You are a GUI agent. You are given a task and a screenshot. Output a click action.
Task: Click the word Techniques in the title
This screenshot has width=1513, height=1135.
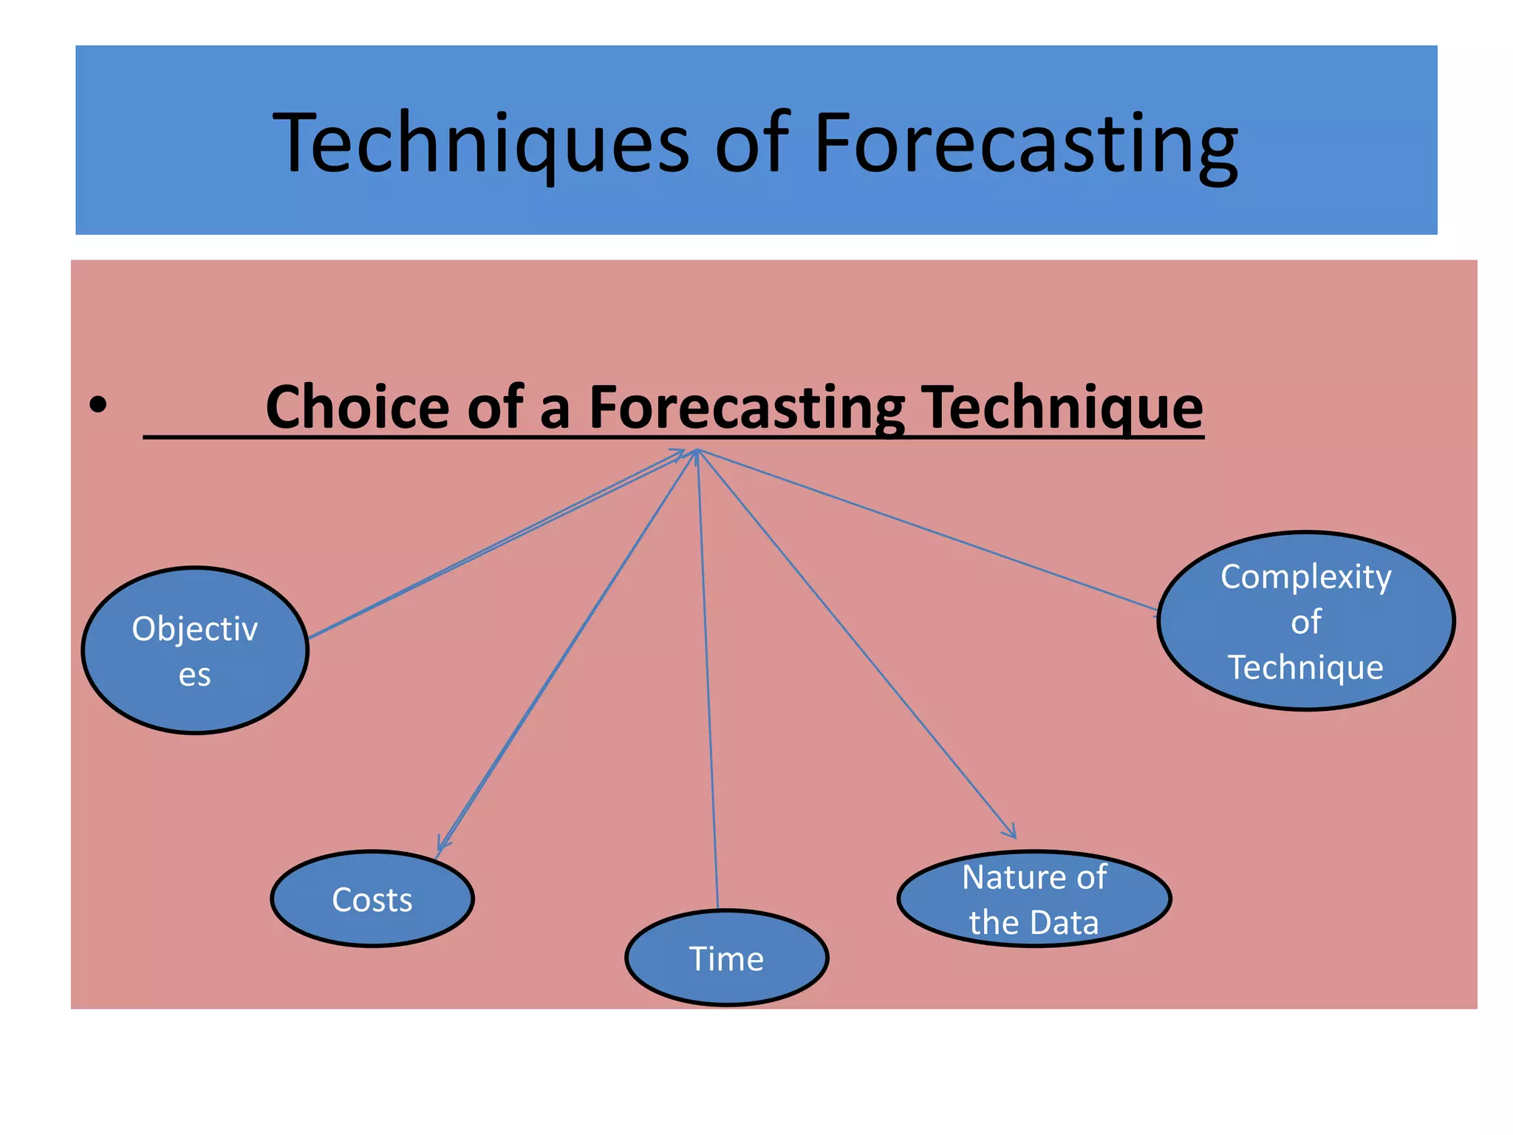(x=480, y=144)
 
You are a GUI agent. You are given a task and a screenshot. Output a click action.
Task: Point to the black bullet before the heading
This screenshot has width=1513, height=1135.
(x=98, y=405)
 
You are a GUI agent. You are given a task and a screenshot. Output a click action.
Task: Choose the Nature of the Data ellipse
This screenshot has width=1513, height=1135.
(x=1034, y=899)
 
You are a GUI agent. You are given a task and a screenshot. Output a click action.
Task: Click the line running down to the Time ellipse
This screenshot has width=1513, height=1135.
(x=708, y=680)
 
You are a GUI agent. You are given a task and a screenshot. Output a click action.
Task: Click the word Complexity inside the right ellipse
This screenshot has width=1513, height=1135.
(x=1306, y=577)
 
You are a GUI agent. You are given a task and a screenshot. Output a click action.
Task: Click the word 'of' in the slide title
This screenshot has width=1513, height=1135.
(x=751, y=144)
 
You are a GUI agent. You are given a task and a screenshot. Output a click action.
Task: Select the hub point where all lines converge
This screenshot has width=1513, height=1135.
(x=697, y=450)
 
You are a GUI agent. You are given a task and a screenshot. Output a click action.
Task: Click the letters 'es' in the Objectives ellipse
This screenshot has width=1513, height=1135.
(x=195, y=675)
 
